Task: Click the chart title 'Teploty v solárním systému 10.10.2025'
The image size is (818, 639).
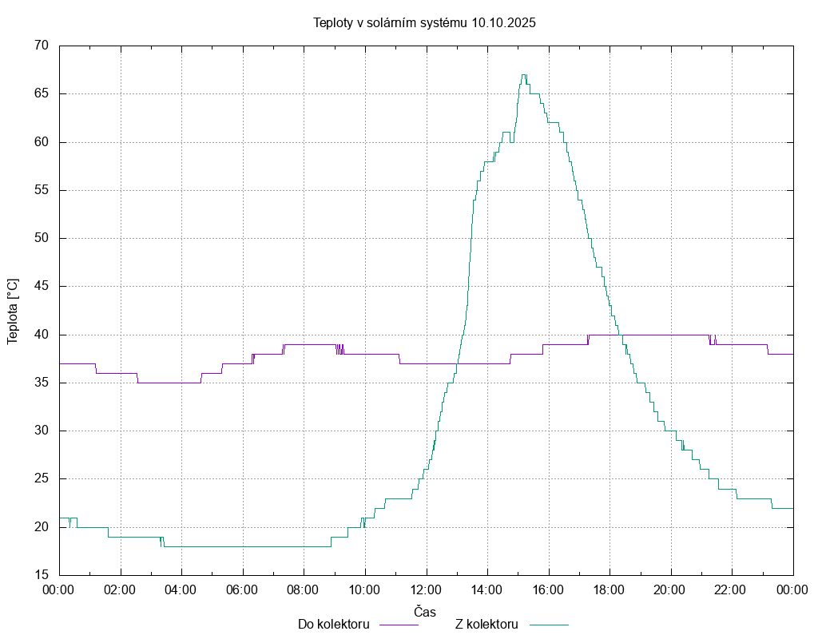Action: [x=424, y=22]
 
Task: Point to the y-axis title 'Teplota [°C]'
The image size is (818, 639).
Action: [x=12, y=312]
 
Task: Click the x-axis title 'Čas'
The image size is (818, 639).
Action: [x=425, y=612]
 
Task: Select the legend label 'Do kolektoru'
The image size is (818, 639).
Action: [x=333, y=625]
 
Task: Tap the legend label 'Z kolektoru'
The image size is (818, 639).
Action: [x=487, y=625]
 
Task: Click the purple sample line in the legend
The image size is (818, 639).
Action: [x=398, y=625]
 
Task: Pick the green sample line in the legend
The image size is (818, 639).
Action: [x=547, y=625]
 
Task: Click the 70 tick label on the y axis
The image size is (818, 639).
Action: [x=42, y=46]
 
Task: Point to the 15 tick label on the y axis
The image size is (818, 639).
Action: [x=42, y=575]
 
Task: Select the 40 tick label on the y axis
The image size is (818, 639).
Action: [x=42, y=335]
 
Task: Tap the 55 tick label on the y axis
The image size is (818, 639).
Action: [x=42, y=190]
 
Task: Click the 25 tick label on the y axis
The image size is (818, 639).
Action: [x=42, y=479]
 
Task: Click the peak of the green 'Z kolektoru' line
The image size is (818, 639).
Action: [x=523, y=75]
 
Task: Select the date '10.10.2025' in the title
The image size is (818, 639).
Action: [x=503, y=22]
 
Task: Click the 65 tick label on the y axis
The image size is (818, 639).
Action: [x=42, y=94]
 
